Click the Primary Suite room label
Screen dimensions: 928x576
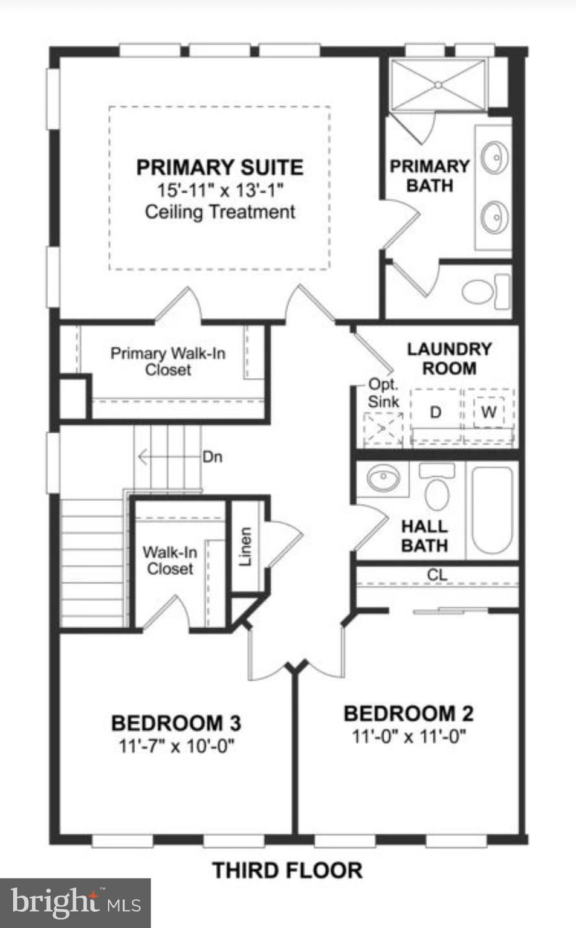click(x=219, y=167)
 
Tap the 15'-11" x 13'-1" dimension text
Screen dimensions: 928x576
click(x=220, y=190)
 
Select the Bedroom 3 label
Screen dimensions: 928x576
click(x=176, y=723)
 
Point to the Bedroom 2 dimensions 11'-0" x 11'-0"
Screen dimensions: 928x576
click(x=409, y=736)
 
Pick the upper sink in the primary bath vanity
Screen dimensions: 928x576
click(x=494, y=158)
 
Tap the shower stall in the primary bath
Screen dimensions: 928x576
click(x=438, y=85)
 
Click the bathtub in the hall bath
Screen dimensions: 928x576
click(x=493, y=509)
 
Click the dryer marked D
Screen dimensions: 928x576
click(x=435, y=413)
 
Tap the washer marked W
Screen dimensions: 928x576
click(x=488, y=413)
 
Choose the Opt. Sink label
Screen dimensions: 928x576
click(x=383, y=393)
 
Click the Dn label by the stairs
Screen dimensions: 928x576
click(x=212, y=457)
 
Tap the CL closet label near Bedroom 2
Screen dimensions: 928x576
click(x=437, y=575)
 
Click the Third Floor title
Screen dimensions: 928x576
click(x=287, y=871)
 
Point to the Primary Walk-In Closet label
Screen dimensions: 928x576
click(x=168, y=361)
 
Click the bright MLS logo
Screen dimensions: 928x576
click(x=75, y=903)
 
